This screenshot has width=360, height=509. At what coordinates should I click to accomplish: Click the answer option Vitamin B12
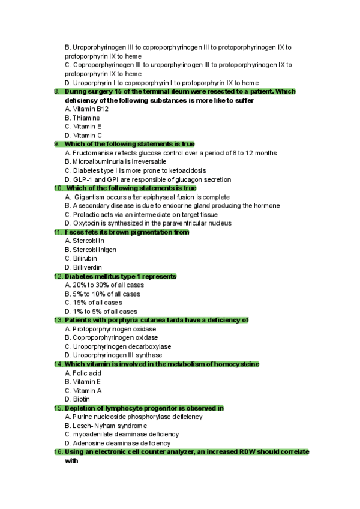coord(90,109)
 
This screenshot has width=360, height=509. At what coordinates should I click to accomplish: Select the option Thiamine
coord(86,118)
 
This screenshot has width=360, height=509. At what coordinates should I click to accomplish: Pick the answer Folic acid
coord(87,373)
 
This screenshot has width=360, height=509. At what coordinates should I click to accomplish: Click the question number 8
coord(56,92)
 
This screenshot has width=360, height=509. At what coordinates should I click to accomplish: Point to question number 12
coord(58,276)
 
